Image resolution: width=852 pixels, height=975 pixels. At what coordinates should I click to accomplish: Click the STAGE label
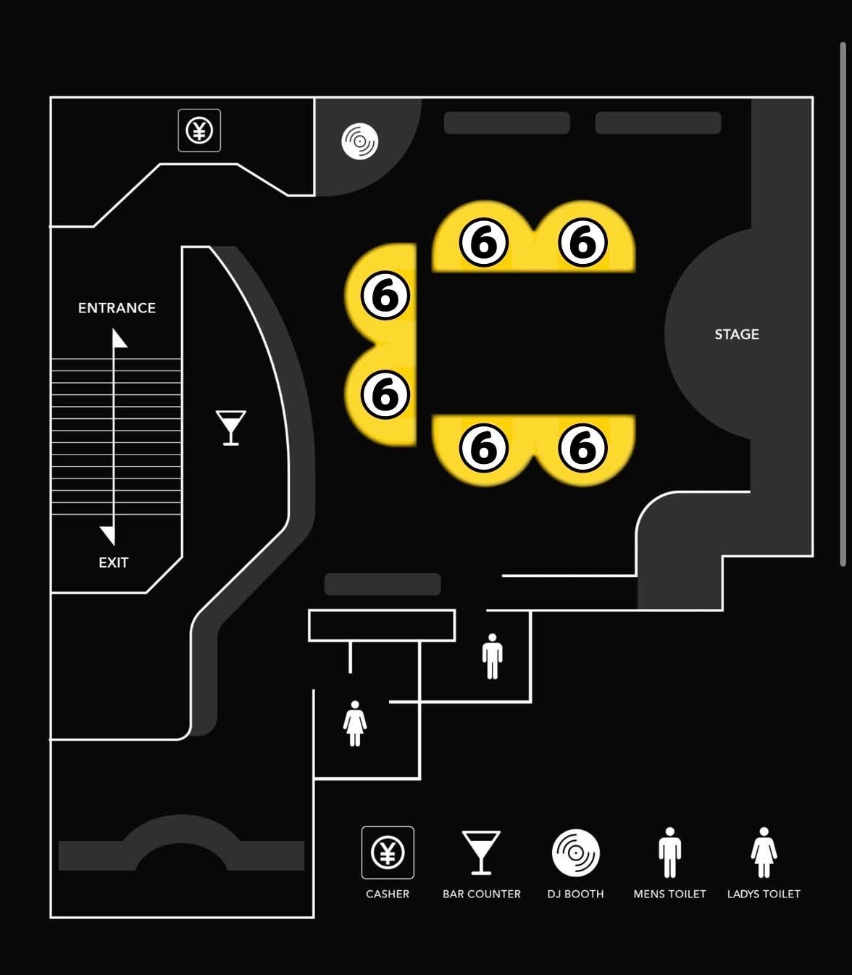[737, 334]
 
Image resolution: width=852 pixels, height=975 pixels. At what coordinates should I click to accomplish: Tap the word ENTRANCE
[117, 308]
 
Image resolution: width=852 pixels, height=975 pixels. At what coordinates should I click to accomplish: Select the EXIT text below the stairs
[113, 563]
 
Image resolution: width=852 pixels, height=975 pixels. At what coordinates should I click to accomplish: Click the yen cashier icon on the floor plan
[199, 130]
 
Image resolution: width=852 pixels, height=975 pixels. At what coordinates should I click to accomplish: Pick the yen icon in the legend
[388, 852]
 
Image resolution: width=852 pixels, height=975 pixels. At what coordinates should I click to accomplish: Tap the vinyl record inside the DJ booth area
[359, 141]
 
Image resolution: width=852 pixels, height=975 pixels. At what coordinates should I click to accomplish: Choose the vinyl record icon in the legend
[575, 853]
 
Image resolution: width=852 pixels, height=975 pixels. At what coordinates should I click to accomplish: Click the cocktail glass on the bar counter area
[230, 428]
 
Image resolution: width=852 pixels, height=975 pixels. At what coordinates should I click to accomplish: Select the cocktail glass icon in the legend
[481, 853]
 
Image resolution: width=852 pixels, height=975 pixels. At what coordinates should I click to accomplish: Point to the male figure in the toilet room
[492, 656]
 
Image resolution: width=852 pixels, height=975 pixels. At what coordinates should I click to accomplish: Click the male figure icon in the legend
[669, 852]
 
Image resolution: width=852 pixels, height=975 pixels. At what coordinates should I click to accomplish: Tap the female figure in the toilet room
[355, 723]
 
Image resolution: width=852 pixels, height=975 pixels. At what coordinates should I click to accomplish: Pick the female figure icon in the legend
[764, 852]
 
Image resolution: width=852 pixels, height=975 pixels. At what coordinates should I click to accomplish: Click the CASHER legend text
[388, 894]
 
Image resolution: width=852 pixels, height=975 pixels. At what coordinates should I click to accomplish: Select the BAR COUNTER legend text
[482, 894]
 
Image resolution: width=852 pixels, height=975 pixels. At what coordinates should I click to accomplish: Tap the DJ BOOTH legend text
[575, 894]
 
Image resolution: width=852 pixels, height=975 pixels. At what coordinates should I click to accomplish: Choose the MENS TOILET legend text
[669, 894]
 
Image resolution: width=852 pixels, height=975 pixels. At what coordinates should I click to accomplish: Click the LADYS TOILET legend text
[764, 894]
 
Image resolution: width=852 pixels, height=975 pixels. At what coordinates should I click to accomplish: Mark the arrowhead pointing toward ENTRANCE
[119, 339]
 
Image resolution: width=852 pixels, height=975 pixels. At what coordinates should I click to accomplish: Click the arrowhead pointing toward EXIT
[109, 535]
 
